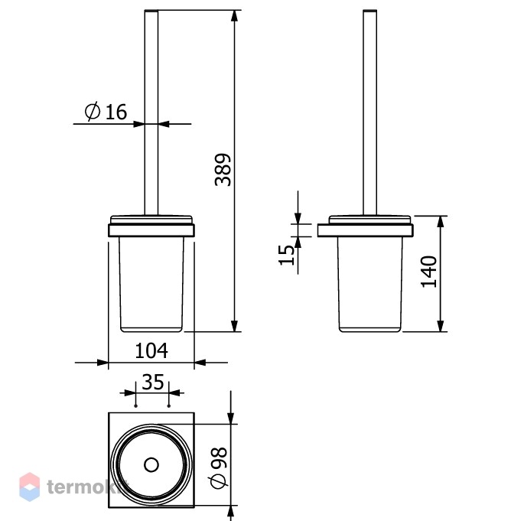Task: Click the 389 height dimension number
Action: coord(223,169)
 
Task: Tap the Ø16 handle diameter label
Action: coord(106,111)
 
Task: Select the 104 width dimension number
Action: coord(151,350)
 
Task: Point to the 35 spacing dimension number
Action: coord(153,382)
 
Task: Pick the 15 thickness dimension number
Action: coord(286,256)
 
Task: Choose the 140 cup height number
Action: coord(428,272)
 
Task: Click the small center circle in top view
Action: coord(151,465)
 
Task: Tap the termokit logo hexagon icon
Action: coord(30,487)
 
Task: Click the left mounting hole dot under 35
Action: coord(135,405)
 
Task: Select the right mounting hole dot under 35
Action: coord(169,405)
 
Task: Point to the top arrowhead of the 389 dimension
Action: coord(235,16)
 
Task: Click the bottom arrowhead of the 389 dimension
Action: coord(235,326)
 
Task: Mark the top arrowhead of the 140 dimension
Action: coord(441,222)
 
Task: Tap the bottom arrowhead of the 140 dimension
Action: coord(441,326)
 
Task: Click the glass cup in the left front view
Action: coord(151,284)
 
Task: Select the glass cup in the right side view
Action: coord(369,284)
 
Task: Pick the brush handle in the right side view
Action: coord(369,113)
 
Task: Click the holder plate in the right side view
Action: coord(365,230)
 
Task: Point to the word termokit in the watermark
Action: coord(87,487)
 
